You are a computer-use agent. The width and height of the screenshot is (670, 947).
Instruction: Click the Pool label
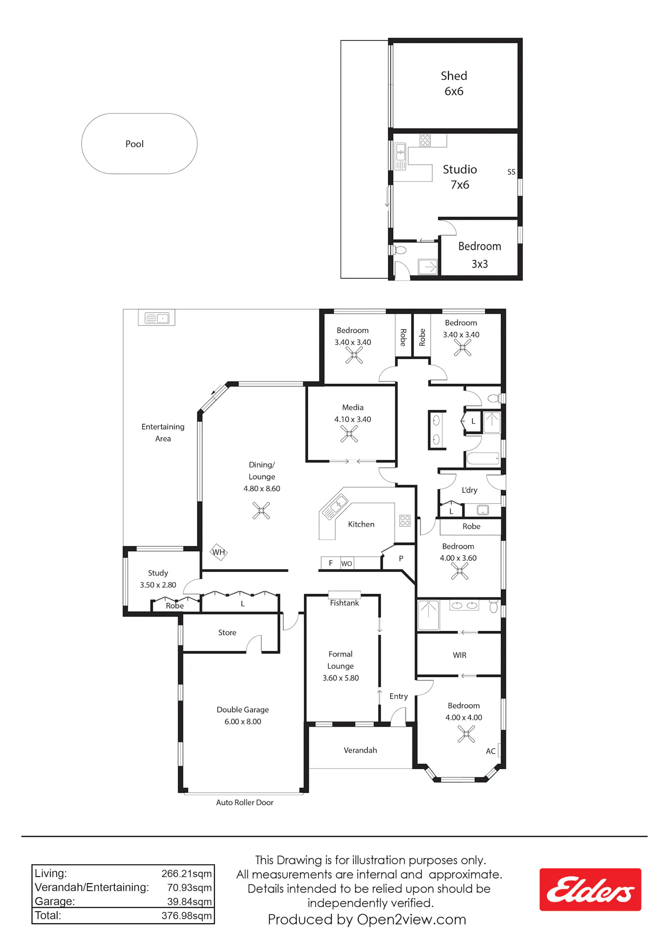pyautogui.click(x=134, y=144)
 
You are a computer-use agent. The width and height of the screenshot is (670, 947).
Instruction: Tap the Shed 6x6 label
pyautogui.click(x=454, y=83)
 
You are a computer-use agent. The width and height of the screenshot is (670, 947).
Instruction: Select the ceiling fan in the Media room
pyautogui.click(x=349, y=433)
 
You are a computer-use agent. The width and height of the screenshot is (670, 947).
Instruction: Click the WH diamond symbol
pyautogui.click(x=218, y=552)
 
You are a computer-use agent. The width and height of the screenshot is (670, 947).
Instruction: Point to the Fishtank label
pyautogui.click(x=344, y=603)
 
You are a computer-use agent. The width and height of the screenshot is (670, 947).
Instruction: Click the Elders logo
pyautogui.click(x=590, y=889)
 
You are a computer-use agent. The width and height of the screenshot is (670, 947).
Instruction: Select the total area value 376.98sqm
pyautogui.click(x=187, y=916)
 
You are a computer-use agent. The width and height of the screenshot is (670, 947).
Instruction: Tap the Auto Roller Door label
pyautogui.click(x=245, y=802)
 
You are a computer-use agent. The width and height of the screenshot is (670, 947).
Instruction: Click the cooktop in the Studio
pyautogui.click(x=425, y=141)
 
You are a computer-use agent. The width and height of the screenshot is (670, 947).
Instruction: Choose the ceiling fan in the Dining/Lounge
pyautogui.click(x=261, y=511)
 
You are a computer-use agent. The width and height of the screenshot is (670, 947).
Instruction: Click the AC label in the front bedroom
pyautogui.click(x=490, y=751)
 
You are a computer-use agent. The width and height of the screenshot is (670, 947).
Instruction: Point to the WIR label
pyautogui.click(x=460, y=655)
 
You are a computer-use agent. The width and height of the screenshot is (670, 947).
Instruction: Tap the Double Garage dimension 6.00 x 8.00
pyautogui.click(x=243, y=722)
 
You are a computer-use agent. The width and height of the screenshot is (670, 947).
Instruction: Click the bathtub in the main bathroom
pyautogui.click(x=482, y=458)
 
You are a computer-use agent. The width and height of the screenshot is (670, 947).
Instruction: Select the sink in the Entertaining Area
pyautogui.click(x=157, y=318)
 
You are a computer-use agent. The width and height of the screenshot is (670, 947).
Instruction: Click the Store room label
pyautogui.click(x=227, y=632)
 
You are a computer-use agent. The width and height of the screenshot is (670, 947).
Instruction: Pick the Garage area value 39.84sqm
pyautogui.click(x=189, y=901)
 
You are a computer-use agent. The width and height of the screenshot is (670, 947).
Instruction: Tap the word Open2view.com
pyautogui.click(x=411, y=919)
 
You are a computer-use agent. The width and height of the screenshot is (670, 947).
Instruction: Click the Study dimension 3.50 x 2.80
pyautogui.click(x=158, y=585)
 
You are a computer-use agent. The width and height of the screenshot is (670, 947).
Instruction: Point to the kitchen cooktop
pyautogui.click(x=405, y=520)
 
